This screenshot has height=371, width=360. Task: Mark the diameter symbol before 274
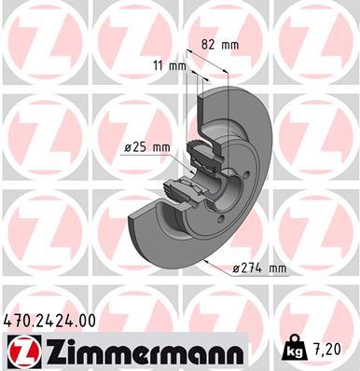click(237, 268)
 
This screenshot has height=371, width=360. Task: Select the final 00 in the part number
click(87, 320)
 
